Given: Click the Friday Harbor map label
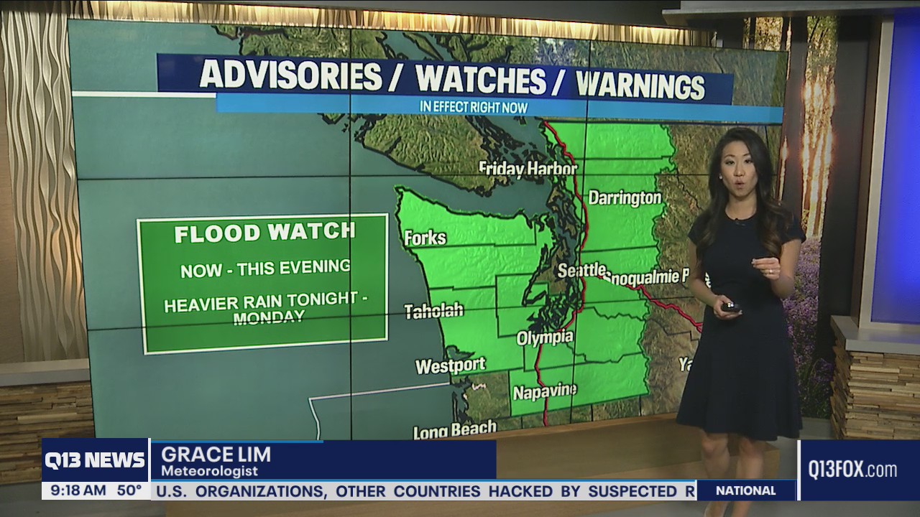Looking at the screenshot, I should coord(528,169).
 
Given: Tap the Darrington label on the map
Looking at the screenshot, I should coord(625,198).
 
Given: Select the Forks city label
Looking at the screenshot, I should coord(425,238).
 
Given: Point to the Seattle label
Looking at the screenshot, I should coord(581,270).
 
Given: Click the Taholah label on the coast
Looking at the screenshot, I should coord(433,311).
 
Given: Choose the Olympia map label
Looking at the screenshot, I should coord(545,337).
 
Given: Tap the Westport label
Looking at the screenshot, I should coord(451,366).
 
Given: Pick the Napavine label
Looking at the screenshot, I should coord(544,392).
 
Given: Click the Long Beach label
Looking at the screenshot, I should coord(454,430).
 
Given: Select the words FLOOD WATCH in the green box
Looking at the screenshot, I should coord(264,233).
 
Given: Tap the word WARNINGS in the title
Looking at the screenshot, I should coord(640,85).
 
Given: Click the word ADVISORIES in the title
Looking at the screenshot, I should coord(290,75).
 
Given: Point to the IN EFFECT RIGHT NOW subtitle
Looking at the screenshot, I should coord(474,108).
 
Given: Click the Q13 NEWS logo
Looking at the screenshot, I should coord(95,460).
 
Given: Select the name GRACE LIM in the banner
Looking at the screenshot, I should coord(216,455).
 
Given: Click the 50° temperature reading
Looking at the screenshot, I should coord(129,491).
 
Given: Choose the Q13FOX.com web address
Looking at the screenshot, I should coord(852,470).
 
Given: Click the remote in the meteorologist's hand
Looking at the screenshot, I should coord(731,307).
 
